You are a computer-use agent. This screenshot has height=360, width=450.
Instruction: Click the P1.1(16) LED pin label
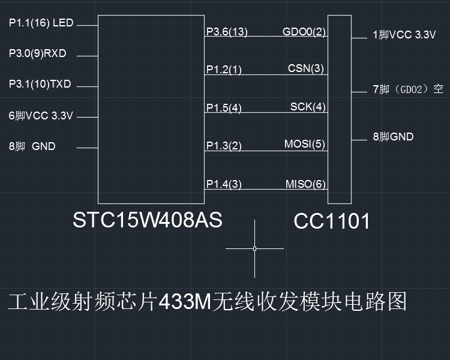41,23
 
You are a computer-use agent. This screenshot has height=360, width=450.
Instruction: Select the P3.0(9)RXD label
37,54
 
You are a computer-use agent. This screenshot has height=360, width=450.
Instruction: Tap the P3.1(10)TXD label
40,85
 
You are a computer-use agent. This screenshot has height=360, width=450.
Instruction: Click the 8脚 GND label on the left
32,146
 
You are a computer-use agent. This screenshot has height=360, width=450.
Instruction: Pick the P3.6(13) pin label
227,32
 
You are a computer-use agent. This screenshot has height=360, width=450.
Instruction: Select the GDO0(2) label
304,32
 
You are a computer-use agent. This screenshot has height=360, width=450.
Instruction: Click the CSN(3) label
306,68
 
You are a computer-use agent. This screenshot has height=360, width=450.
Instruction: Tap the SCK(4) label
308,107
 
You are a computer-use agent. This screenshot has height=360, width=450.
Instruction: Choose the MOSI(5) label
304,145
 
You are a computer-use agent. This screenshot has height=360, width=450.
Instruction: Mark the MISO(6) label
305,184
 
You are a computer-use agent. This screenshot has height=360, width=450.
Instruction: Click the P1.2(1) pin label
224,70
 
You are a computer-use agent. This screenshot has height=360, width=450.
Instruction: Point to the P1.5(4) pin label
224,108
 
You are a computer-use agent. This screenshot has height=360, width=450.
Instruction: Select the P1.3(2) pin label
224,146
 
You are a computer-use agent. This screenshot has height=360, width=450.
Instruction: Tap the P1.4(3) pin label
224,184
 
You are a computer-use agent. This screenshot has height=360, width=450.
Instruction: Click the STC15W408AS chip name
148,220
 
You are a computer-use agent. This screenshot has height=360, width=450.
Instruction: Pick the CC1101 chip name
331,222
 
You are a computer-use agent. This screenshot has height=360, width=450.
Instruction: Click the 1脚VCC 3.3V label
404,35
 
